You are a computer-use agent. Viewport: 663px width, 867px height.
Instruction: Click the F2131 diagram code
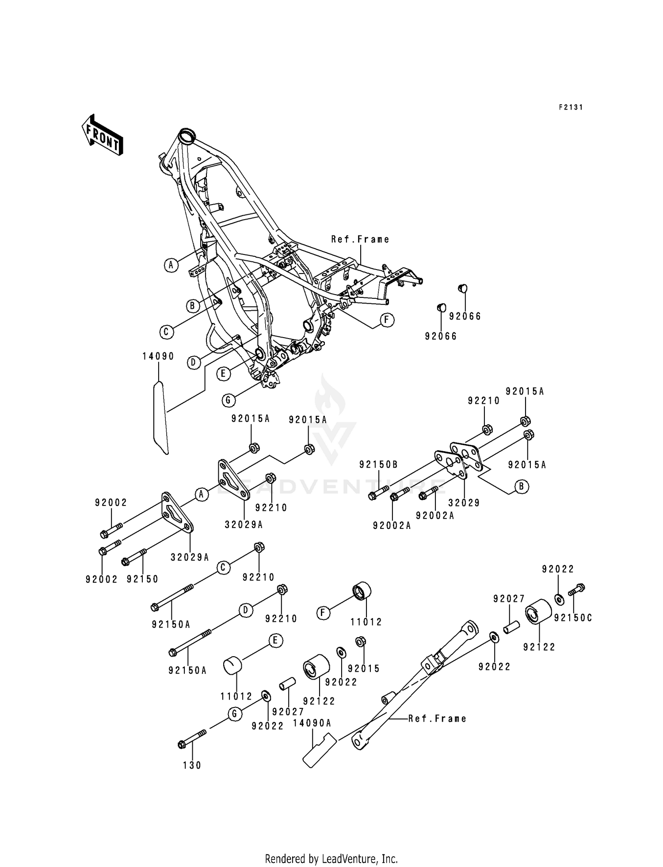click(x=570, y=107)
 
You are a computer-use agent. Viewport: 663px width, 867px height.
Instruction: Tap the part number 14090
click(x=158, y=356)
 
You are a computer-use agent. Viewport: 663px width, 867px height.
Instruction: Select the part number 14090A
click(x=312, y=723)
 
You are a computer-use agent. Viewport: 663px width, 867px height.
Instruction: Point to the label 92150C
click(x=573, y=618)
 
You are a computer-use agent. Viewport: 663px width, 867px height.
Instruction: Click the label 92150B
click(x=378, y=464)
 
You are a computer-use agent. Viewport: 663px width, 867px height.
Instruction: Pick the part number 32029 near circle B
click(x=464, y=503)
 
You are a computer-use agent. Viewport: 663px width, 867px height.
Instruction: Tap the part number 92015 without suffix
click(x=364, y=669)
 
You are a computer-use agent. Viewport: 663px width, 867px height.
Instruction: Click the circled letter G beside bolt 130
click(x=235, y=714)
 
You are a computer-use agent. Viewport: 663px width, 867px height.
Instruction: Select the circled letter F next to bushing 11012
click(x=324, y=613)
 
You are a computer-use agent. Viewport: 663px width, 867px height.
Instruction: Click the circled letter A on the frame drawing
click(x=171, y=265)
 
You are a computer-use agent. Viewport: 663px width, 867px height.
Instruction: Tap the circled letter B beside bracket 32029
click(x=522, y=487)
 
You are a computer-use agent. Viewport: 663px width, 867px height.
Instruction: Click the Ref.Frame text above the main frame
click(x=361, y=240)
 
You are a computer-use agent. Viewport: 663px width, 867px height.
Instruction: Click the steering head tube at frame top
click(x=185, y=135)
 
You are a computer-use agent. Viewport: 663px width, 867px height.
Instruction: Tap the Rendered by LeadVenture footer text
click(x=331, y=859)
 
